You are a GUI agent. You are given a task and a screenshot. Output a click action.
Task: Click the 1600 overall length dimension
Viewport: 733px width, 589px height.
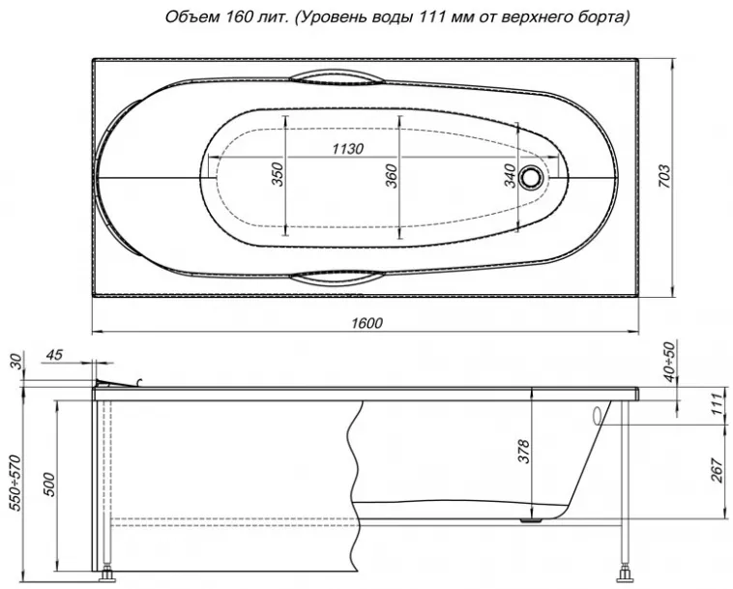point(366,323)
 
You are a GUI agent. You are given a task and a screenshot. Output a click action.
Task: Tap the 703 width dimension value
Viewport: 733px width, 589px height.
point(664,177)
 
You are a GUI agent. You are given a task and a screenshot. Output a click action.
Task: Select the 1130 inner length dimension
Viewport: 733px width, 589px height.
point(347,149)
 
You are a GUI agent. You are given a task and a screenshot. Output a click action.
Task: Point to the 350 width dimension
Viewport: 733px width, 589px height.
point(279,174)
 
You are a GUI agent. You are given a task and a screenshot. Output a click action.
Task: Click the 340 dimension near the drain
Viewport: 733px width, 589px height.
point(511,176)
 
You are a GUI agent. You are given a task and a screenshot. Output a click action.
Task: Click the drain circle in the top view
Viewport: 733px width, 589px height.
point(532,178)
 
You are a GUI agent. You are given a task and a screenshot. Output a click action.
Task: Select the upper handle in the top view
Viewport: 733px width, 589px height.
point(337,78)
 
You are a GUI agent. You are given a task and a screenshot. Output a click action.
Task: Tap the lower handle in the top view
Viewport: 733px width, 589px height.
point(337,278)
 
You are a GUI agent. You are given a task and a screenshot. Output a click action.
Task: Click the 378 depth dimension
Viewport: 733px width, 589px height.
point(524,451)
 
